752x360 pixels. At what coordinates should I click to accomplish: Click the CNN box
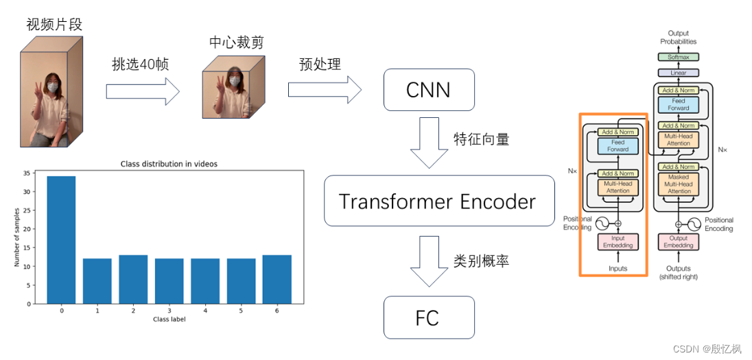tap(429, 90)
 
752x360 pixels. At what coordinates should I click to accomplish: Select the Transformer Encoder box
tap(438, 202)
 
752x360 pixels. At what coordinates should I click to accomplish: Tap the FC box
tap(429, 318)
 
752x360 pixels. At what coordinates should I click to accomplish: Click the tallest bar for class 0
tap(61, 239)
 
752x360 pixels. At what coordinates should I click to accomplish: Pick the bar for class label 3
tap(168, 280)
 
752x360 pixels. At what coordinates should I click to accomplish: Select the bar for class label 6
tap(276, 279)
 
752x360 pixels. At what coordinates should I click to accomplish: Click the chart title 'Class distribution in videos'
tap(169, 163)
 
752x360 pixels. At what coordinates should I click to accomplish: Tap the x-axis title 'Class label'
tap(169, 318)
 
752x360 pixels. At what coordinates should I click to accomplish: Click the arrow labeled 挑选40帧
tap(142, 92)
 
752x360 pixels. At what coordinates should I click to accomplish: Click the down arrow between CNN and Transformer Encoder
tap(429, 143)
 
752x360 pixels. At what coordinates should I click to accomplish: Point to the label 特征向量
tap(481, 139)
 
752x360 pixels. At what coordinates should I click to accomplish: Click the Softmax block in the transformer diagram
tap(678, 58)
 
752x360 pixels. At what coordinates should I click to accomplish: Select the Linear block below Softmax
tap(678, 73)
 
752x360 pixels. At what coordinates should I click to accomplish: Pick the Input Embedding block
tap(618, 241)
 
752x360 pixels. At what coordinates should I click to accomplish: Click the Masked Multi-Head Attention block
tap(679, 184)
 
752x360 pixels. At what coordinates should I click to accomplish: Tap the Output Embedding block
tap(678, 241)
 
